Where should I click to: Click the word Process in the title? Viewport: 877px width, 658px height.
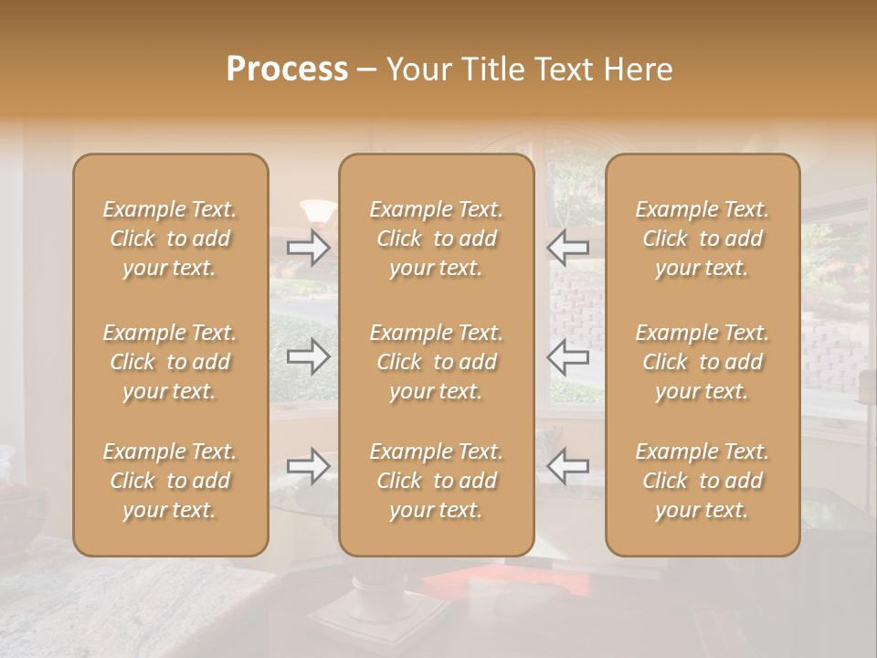point(287,69)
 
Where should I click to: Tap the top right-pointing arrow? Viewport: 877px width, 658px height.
point(309,248)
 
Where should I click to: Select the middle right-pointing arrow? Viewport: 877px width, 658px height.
point(309,356)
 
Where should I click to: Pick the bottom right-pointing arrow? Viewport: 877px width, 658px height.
point(309,466)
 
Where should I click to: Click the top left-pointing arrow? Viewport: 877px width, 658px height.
point(567,248)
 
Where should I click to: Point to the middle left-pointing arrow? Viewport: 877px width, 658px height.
point(567,356)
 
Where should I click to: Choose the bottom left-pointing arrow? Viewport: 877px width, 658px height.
point(567,466)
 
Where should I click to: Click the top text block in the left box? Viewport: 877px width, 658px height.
point(170,239)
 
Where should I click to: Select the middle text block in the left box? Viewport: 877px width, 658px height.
point(170,362)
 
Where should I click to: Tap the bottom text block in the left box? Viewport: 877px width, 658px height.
point(170,481)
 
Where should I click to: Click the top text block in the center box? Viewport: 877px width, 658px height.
point(437,239)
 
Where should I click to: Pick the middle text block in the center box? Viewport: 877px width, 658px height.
point(437,362)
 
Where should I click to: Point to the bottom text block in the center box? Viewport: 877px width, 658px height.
point(437,481)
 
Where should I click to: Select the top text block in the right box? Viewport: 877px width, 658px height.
point(703,239)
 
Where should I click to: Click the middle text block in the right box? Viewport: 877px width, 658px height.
point(703,362)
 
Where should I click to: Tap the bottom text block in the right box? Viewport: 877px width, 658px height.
point(703,481)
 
